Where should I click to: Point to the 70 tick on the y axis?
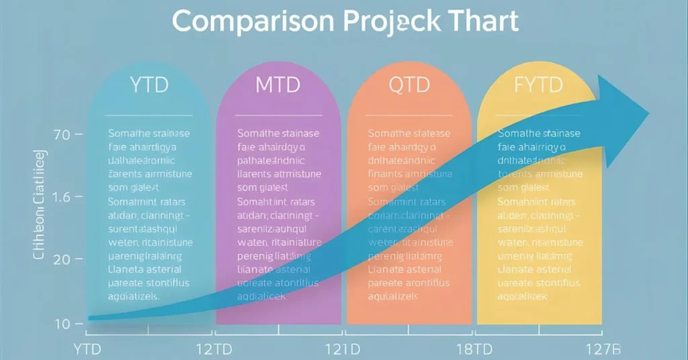pos(61,135)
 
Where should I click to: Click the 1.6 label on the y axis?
pos(61,198)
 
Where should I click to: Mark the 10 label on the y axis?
pos(62,324)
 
